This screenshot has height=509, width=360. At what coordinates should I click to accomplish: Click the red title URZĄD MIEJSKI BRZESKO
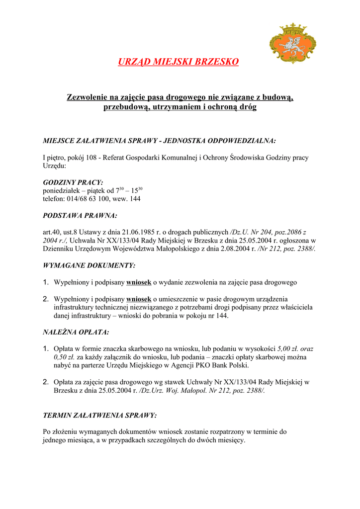[178, 62]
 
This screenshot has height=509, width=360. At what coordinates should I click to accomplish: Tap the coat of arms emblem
[288, 43]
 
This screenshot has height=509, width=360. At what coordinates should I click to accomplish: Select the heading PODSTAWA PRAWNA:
[80, 216]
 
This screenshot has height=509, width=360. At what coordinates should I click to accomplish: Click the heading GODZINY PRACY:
[73, 182]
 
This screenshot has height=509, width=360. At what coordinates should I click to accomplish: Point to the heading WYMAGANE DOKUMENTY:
[89, 266]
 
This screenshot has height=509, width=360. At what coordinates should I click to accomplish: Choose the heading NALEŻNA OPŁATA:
[76, 332]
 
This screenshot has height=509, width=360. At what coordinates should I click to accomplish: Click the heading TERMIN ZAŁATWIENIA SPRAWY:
[99, 415]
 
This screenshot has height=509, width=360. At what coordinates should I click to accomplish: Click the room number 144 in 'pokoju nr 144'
[222, 315]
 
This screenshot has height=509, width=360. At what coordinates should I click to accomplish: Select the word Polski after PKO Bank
[237, 365]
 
